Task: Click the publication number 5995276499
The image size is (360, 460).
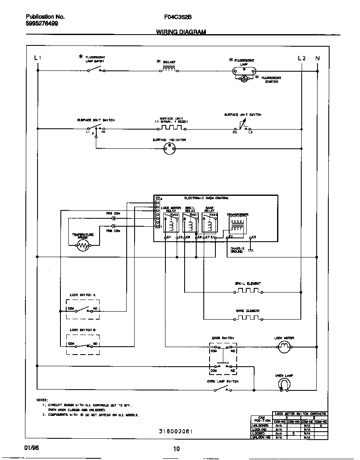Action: click(42, 23)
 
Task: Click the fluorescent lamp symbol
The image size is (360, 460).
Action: click(244, 70)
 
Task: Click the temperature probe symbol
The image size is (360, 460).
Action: click(83, 246)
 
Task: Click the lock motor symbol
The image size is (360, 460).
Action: click(284, 347)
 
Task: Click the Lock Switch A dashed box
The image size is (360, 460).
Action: click(83, 309)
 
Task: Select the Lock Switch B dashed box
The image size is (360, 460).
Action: click(83, 344)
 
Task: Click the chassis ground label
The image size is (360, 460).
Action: click(237, 250)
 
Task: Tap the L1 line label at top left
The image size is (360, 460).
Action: click(37, 58)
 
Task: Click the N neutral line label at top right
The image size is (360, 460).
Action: click(317, 58)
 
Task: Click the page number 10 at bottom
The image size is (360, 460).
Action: click(176, 449)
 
